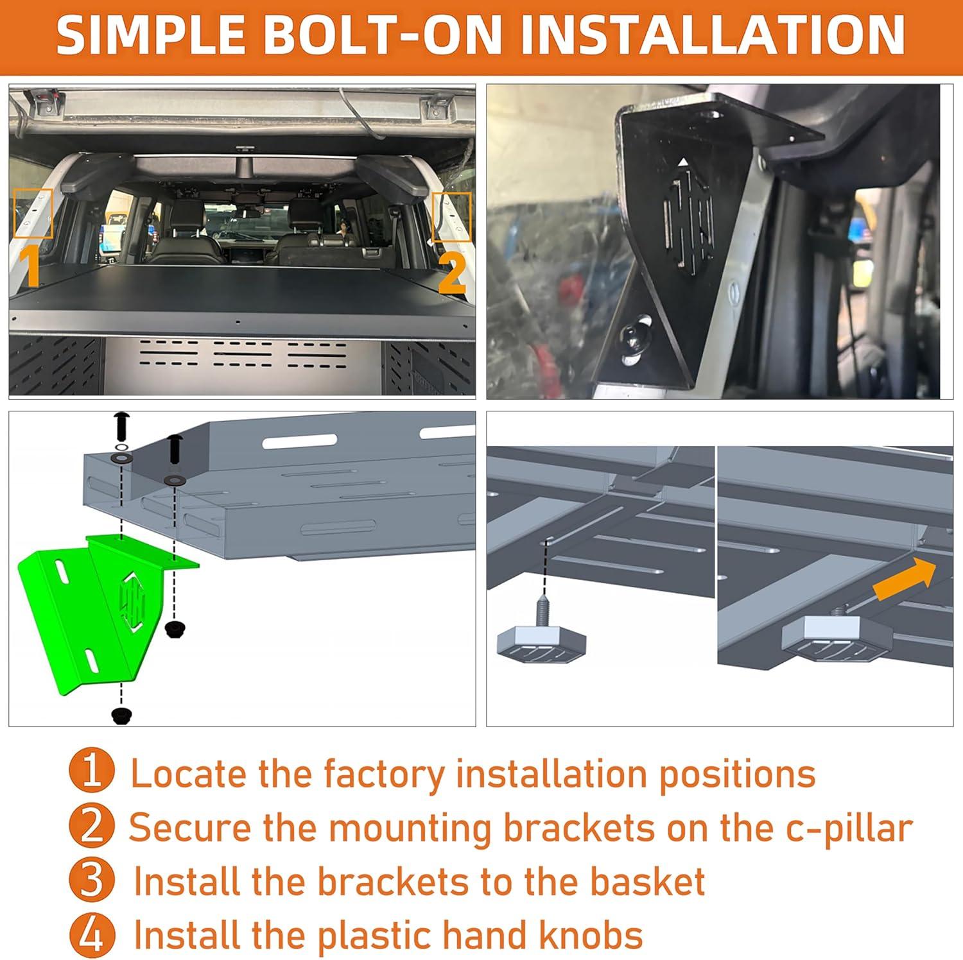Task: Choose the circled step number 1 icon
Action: coord(92,772)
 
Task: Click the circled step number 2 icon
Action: coord(92,827)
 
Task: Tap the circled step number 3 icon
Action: coord(92,880)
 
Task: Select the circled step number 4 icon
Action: coord(92,934)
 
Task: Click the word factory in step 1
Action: coord(383,775)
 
